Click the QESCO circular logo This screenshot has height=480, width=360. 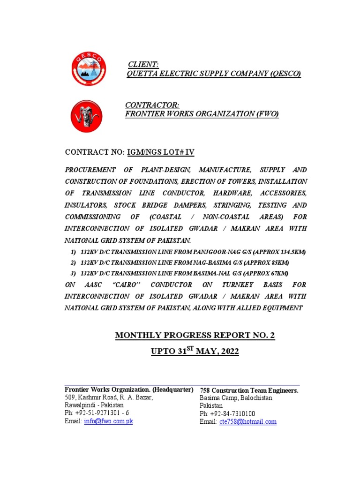[x=88, y=69]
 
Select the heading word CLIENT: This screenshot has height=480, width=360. [x=143, y=64]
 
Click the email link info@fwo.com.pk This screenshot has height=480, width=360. [x=108, y=421]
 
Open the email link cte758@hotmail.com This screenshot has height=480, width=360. [x=247, y=421]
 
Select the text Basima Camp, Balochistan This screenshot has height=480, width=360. [x=236, y=398]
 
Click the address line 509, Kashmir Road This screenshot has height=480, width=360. [x=108, y=397]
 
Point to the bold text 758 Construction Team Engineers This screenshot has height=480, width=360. [x=249, y=390]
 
